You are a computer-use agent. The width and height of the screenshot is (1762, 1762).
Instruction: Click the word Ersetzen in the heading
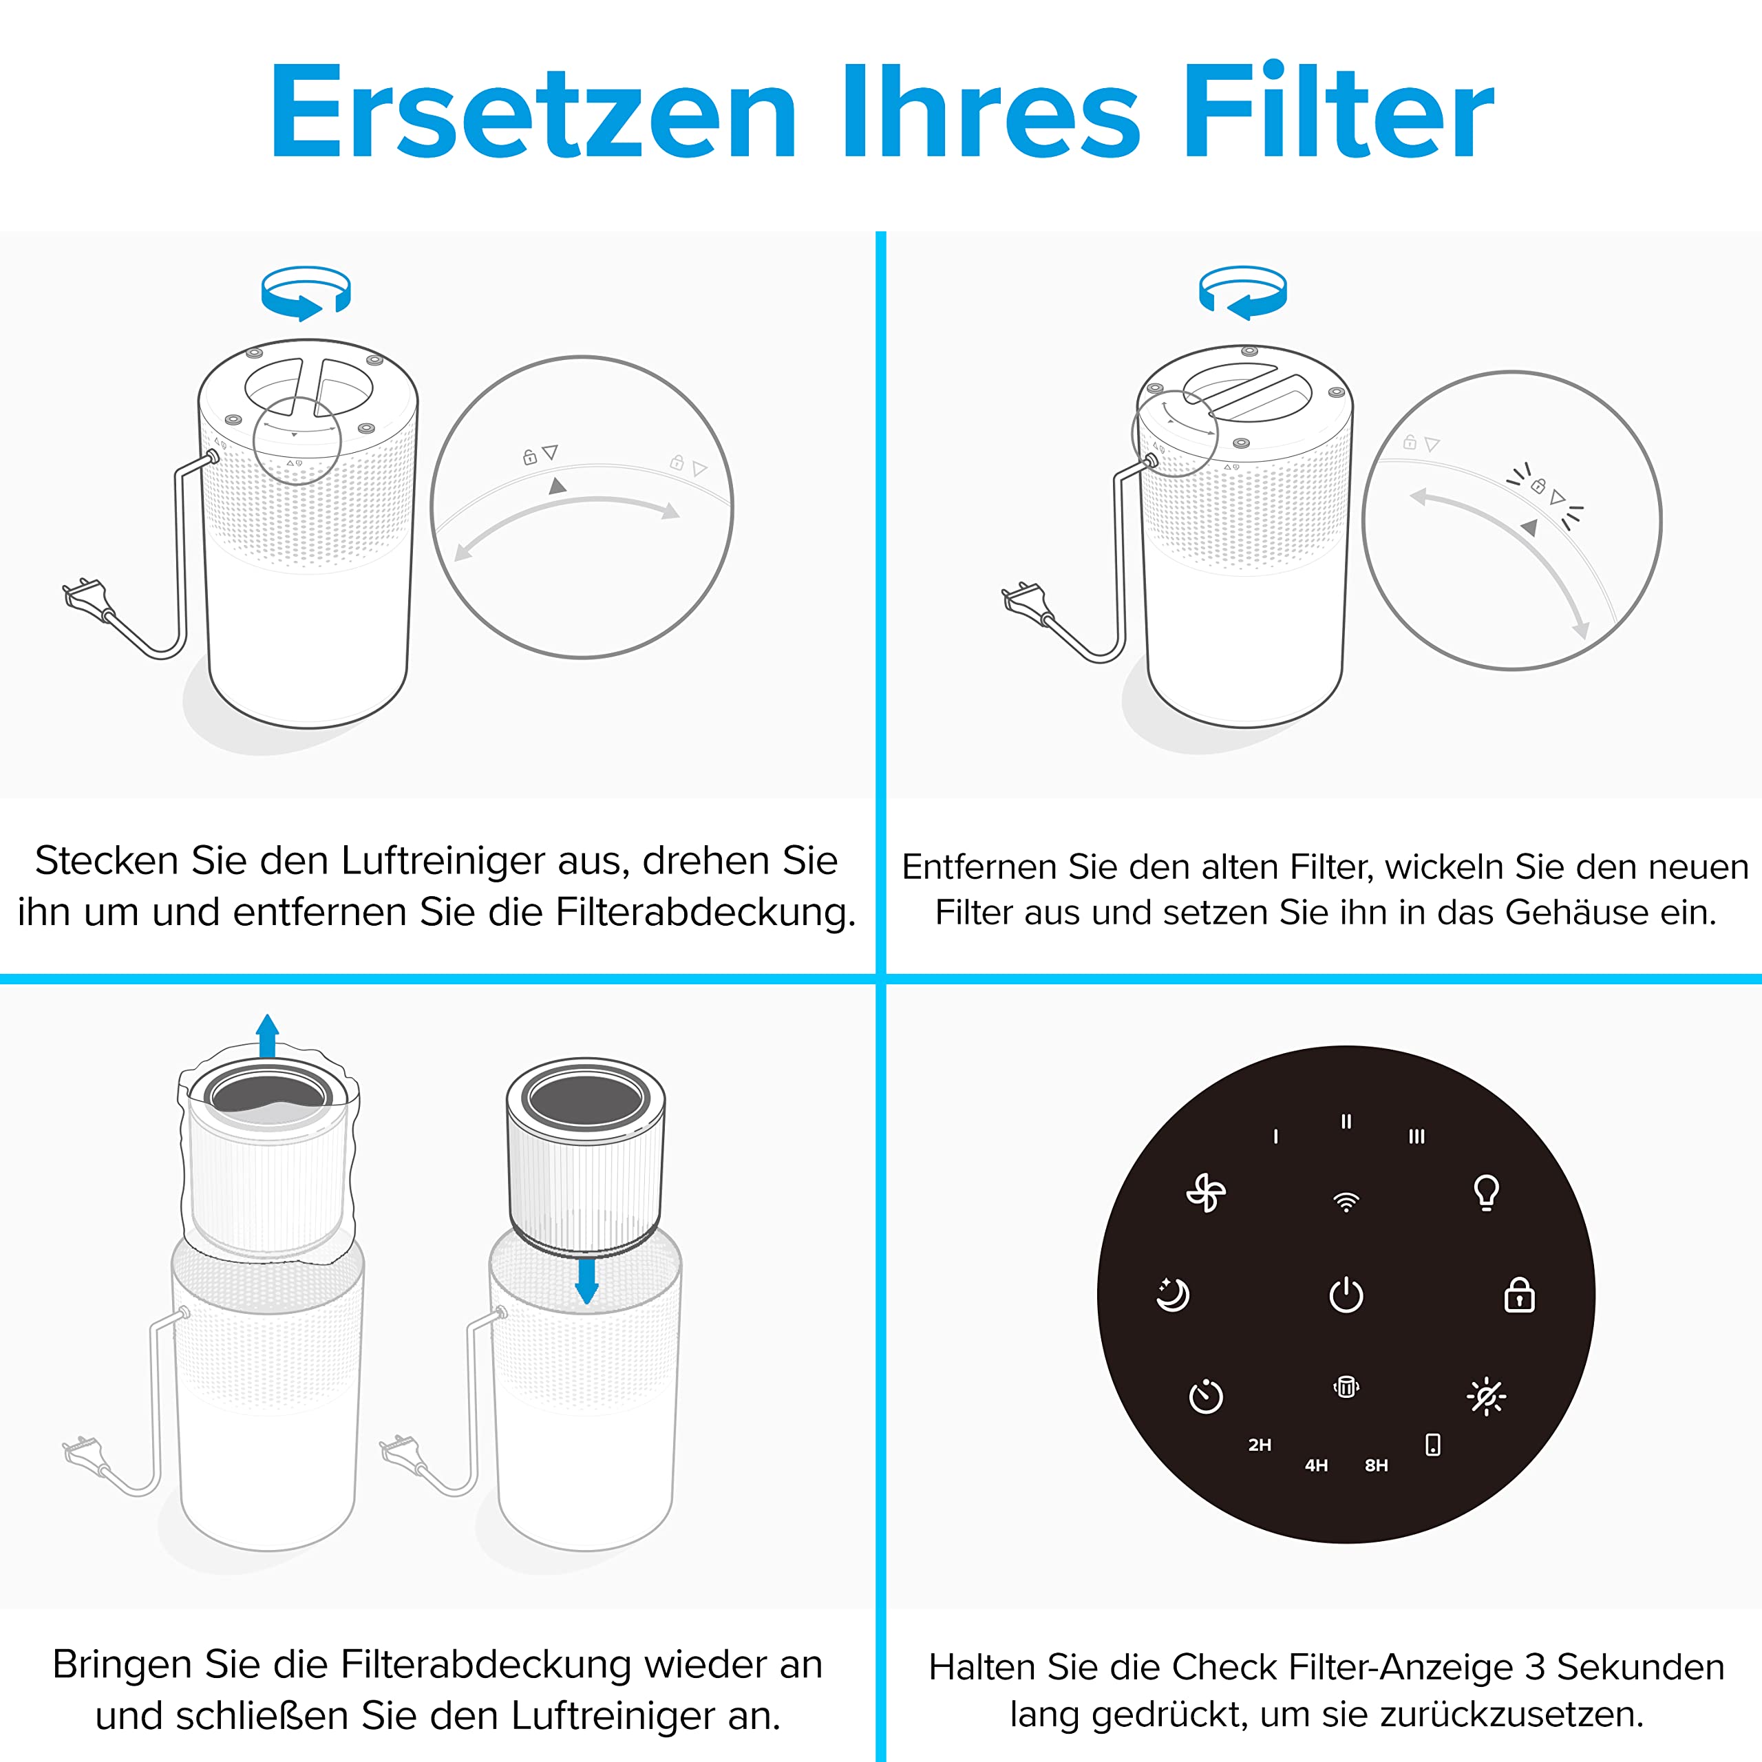pyautogui.click(x=533, y=112)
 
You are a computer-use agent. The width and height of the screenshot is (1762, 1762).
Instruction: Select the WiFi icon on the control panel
pyautogui.click(x=1346, y=1201)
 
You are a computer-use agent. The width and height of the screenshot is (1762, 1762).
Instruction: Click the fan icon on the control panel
pyautogui.click(x=1206, y=1193)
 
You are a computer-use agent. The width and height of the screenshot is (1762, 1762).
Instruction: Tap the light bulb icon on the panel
pyautogui.click(x=1487, y=1192)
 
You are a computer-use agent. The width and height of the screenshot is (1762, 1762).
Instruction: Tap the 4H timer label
pyautogui.click(x=1316, y=1465)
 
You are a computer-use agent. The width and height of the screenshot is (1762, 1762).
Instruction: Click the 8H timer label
pyautogui.click(x=1377, y=1465)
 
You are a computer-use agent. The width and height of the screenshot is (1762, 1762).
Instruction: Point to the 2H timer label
pyautogui.click(x=1260, y=1445)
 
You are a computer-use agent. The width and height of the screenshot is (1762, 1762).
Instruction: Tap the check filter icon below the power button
pyautogui.click(x=1346, y=1387)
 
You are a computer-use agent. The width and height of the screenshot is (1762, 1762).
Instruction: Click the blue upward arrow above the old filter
pyautogui.click(x=267, y=1036)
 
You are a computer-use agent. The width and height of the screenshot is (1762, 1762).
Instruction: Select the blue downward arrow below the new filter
pyautogui.click(x=587, y=1280)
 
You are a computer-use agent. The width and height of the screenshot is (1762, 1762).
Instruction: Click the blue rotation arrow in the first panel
pyautogui.click(x=306, y=293)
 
